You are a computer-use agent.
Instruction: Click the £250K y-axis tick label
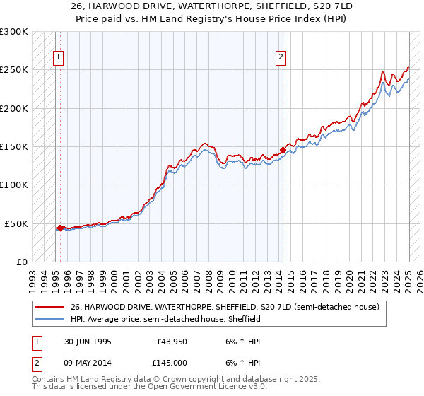click(x=14, y=70)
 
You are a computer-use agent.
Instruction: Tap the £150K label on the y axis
click(x=14, y=146)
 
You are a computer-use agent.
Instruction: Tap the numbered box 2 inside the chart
click(x=281, y=58)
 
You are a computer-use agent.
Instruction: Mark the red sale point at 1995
click(x=61, y=228)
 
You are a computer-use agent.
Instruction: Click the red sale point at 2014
click(x=283, y=150)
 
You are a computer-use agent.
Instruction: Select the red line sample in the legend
click(x=51, y=308)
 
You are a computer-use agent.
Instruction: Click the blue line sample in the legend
click(x=51, y=319)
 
